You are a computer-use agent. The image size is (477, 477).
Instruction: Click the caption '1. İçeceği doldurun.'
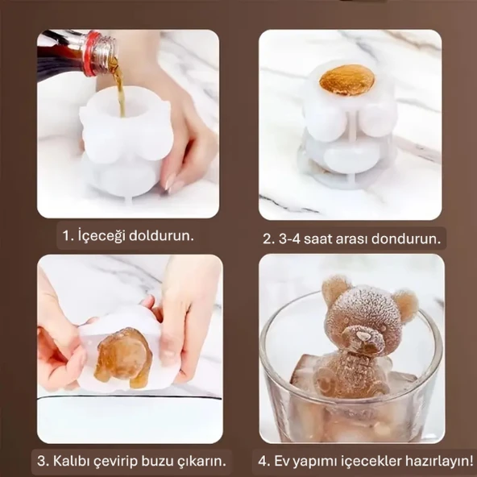pyautogui.click(x=128, y=237)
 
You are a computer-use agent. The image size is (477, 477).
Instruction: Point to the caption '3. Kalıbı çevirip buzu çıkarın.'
pyautogui.click(x=131, y=462)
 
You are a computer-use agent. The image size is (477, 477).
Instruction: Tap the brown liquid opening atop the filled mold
pyautogui.click(x=346, y=80)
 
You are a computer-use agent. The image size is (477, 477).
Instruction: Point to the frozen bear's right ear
pyautogui.click(x=405, y=305)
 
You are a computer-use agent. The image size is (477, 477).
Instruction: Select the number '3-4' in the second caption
pyautogui.click(x=293, y=239)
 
